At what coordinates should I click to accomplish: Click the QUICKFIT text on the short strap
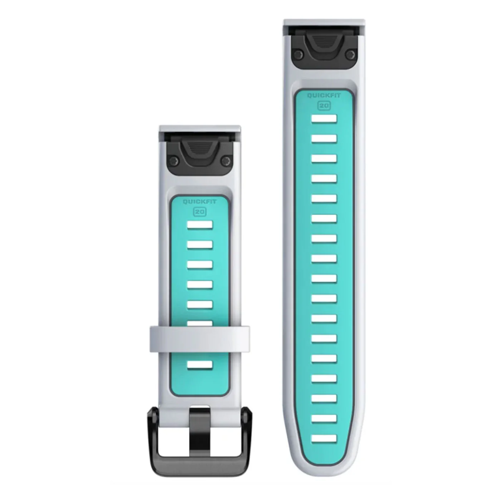point(200,202)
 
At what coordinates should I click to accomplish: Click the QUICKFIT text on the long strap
point(324,96)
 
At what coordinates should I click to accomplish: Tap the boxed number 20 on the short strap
point(200,212)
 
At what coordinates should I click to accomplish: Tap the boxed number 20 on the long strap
point(324,106)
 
